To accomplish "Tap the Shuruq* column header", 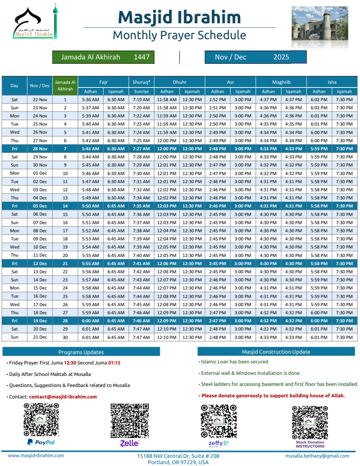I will coord(141,82).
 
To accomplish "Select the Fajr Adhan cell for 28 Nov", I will coord(90,149).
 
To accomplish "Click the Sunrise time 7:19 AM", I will coord(141,100).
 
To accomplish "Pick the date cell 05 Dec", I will coord(40,206).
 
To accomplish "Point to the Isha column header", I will coord(332,82).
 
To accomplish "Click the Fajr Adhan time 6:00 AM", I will coord(90,321).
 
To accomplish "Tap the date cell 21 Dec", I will coord(40,337).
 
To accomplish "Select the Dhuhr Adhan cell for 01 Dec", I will coord(167,173).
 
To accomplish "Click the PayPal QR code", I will coord(41,419).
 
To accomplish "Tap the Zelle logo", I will coord(130,443).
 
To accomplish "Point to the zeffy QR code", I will coord(218,421).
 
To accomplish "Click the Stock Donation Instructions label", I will coord(310,444).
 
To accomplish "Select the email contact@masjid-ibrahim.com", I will coord(63,397).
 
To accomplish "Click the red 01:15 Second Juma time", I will coord(114,363).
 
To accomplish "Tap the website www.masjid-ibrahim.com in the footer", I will coord(36,456).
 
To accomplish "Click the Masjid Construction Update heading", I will coord(276,352).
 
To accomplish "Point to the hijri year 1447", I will coord(142,57).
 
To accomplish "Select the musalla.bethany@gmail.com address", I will coord(317,456).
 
